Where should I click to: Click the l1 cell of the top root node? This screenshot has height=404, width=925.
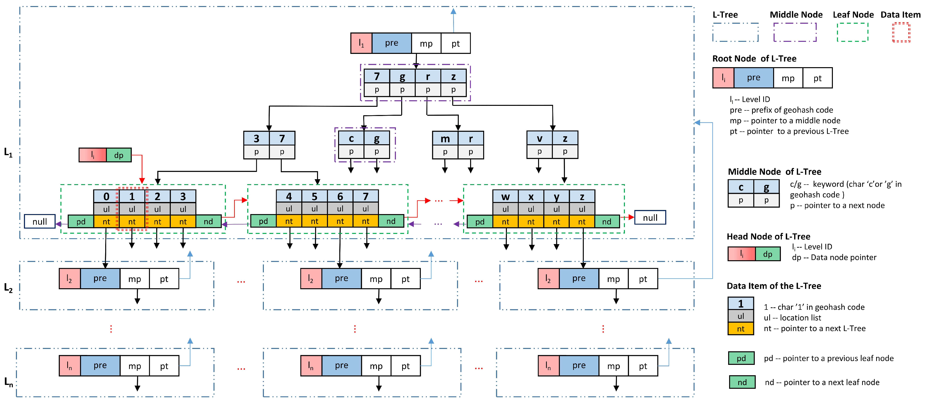click(361, 43)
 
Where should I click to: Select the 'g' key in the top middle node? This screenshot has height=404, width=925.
click(402, 76)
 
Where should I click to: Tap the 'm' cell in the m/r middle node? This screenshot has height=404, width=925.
click(445, 138)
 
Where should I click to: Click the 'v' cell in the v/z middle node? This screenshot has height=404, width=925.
click(539, 138)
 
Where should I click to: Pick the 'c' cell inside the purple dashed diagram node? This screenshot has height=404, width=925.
click(351, 138)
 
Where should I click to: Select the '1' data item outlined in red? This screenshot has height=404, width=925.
click(132, 208)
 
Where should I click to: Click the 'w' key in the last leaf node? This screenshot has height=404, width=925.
click(505, 197)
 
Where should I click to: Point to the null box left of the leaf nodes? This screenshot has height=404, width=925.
click(39, 221)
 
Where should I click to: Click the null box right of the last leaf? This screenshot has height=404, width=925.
click(650, 217)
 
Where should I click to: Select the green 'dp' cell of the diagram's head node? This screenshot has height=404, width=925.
click(118, 155)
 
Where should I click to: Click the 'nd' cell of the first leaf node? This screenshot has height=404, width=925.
click(208, 221)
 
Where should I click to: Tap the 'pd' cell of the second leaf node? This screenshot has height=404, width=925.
click(263, 221)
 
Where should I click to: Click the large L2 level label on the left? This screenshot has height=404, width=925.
click(8, 288)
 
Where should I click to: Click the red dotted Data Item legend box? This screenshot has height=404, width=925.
click(901, 32)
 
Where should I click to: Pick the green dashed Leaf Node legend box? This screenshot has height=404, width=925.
click(852, 32)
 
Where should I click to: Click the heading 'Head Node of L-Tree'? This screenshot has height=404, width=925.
click(769, 237)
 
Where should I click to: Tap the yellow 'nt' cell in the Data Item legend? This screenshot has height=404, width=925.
click(740, 329)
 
